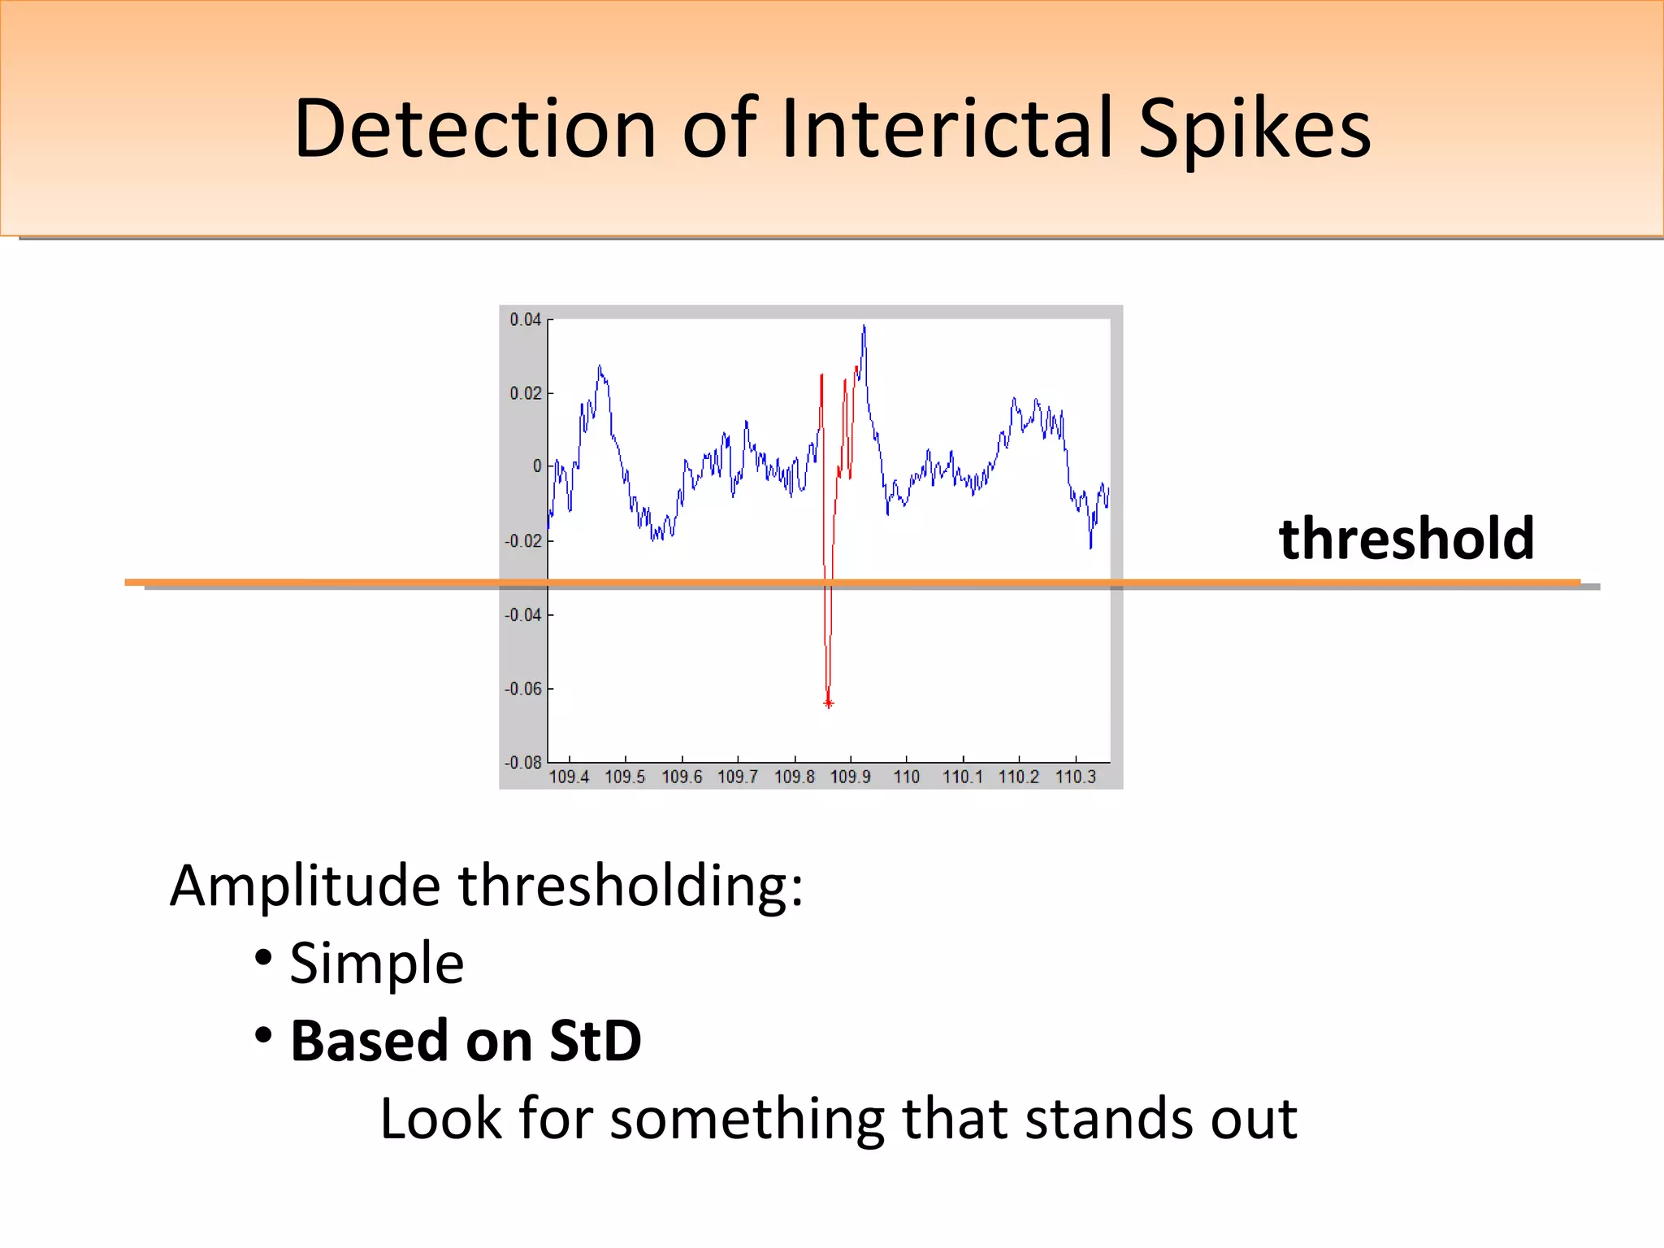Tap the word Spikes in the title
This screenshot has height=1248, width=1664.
point(1254,130)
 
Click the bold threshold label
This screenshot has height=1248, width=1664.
point(1406,539)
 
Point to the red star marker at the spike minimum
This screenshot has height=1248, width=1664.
point(828,703)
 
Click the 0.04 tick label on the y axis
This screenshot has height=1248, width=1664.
point(525,319)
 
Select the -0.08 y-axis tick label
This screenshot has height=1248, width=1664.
point(522,762)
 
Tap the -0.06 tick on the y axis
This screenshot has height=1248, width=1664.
point(522,689)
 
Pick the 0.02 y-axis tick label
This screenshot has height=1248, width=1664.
point(525,393)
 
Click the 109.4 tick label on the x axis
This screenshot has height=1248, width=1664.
point(569,777)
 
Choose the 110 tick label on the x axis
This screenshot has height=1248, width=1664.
point(906,777)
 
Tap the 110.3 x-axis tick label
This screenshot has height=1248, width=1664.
point(1075,777)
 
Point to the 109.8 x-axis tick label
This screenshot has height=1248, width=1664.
point(794,777)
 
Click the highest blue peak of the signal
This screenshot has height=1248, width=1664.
point(864,327)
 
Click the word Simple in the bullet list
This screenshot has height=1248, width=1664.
point(376,964)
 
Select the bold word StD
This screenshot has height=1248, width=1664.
point(595,1041)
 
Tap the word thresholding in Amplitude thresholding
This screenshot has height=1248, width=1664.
point(630,886)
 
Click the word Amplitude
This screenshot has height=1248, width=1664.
point(305,886)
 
